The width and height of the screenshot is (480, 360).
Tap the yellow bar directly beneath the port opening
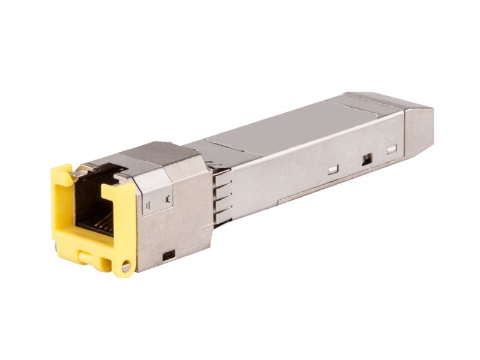point(90,243)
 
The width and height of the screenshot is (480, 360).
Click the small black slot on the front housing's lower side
point(169,255)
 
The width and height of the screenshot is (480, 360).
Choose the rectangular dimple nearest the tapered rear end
point(392,149)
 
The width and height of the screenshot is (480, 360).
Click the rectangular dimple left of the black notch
point(333,170)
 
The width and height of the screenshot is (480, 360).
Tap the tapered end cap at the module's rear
point(418,129)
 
